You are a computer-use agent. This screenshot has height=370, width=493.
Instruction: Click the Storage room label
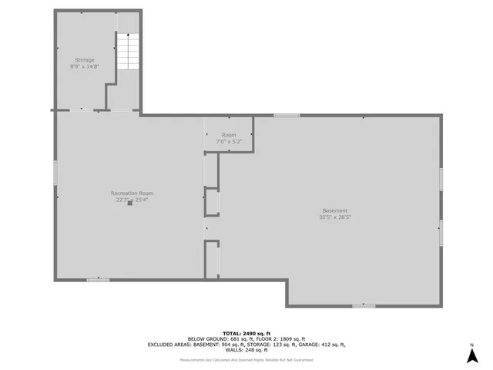click(84, 59)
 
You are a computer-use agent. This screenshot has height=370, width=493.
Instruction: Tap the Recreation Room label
click(132, 193)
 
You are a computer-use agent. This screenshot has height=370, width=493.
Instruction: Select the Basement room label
click(335, 210)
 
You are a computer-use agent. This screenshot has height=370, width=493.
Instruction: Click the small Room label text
click(229, 135)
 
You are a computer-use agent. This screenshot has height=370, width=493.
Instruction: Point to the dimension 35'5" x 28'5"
click(335, 217)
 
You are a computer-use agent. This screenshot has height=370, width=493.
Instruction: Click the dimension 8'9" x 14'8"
click(84, 66)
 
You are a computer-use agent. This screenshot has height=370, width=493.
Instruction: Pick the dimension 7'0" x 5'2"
click(229, 141)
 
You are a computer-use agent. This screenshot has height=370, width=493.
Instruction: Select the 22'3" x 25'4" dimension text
click(132, 199)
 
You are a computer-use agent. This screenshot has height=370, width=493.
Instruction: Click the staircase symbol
click(126, 52)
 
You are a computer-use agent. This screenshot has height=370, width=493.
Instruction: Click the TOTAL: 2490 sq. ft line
click(246, 332)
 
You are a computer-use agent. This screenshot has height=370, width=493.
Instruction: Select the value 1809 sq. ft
click(290, 338)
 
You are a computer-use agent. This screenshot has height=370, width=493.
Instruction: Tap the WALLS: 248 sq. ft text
click(246, 350)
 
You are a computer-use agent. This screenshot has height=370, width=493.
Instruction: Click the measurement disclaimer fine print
click(246, 360)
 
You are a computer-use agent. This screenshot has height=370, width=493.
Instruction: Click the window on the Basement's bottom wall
click(364, 306)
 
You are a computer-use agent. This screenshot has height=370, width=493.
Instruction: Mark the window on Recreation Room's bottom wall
click(98, 279)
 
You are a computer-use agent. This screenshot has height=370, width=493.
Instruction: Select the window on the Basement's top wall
click(286, 116)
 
